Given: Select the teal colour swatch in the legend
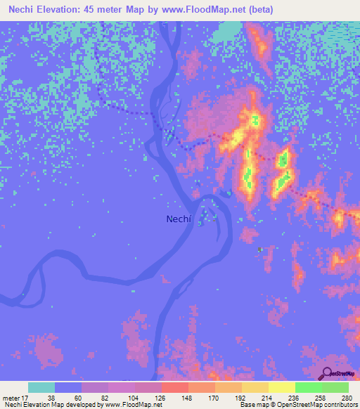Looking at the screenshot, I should (41, 387).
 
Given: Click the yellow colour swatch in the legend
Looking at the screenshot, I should (282, 387).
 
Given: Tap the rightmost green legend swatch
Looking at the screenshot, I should (335, 387).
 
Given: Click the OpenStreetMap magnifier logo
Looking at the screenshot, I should (328, 374).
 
